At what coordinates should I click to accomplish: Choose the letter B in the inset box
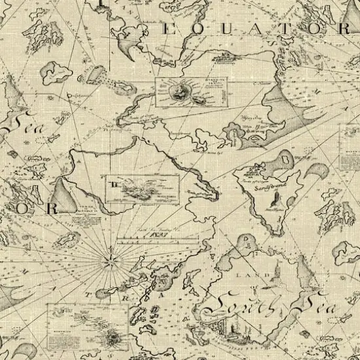tap(116, 185)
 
